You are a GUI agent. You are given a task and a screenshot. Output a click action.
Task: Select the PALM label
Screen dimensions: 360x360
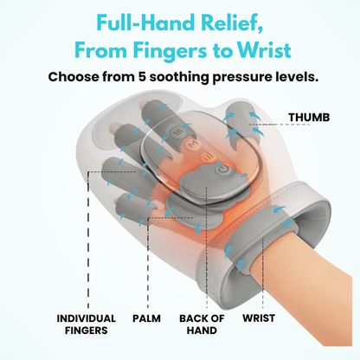[x=145, y=318]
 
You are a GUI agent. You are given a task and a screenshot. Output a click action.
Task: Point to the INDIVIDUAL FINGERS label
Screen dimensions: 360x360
[x=87, y=324]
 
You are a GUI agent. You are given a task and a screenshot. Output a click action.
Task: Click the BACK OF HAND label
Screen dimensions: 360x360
[x=201, y=324]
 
